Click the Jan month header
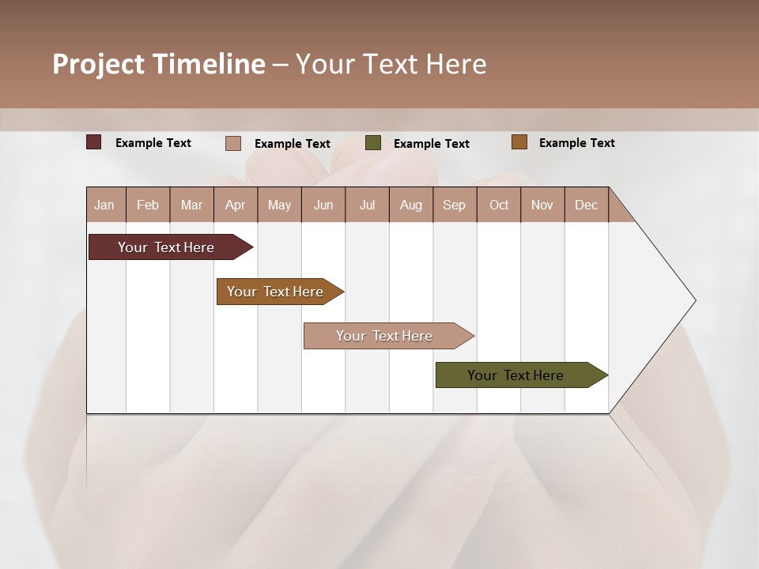tap(105, 205)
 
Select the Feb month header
tap(148, 205)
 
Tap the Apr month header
tap(236, 205)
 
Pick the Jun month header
tap(323, 205)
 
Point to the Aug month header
tap(411, 205)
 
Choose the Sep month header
tap(455, 205)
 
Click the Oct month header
tap(499, 205)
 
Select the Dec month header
tap(587, 205)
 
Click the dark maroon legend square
tap(93, 142)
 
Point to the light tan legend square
tap(232, 143)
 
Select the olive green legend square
tap(372, 143)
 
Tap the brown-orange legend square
tap(519, 142)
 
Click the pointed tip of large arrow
tap(693, 300)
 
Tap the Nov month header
tap(542, 205)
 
